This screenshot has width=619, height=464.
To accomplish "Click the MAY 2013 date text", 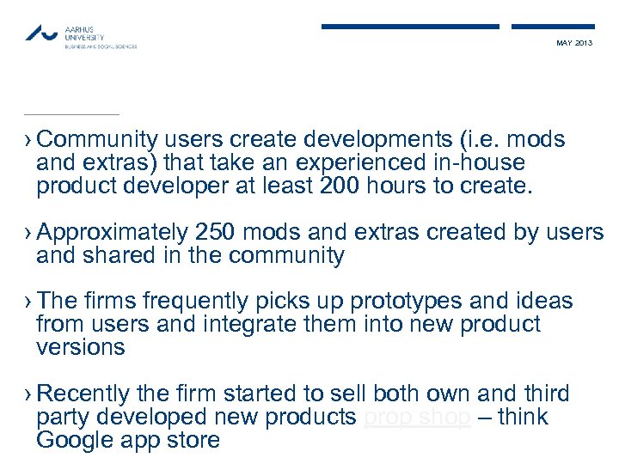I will (574, 43).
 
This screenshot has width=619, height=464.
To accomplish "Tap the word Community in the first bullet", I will (98, 140).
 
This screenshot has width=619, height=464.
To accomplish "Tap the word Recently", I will (84, 394).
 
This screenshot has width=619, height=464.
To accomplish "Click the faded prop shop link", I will (417, 418).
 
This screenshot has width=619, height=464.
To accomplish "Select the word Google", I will (75, 441).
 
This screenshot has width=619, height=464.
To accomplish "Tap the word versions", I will (81, 348).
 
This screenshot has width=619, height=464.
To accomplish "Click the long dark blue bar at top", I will (410, 27).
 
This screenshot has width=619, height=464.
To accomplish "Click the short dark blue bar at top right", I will (553, 27).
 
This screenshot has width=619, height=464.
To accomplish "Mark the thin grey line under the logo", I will (71, 114).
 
